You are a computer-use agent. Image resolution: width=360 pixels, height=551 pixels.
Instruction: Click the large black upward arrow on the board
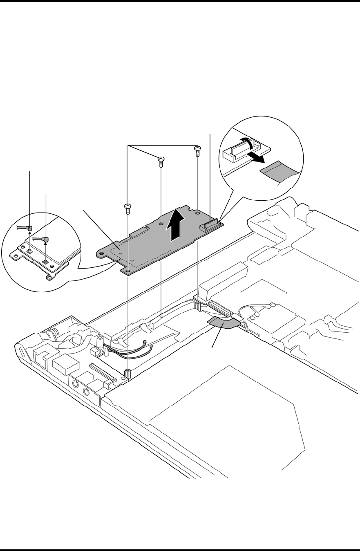176,225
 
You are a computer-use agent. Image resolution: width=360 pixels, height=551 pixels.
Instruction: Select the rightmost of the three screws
197,151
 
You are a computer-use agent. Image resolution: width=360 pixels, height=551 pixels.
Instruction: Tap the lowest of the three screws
127,208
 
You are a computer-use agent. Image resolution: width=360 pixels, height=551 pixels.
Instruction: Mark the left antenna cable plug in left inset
30,228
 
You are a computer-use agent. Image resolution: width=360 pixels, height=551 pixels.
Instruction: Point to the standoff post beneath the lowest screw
128,373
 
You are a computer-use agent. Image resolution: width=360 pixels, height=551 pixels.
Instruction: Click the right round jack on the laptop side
86,393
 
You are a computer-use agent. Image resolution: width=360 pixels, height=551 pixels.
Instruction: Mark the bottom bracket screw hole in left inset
49,278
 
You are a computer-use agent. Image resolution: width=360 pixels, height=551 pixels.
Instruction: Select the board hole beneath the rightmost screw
197,212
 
